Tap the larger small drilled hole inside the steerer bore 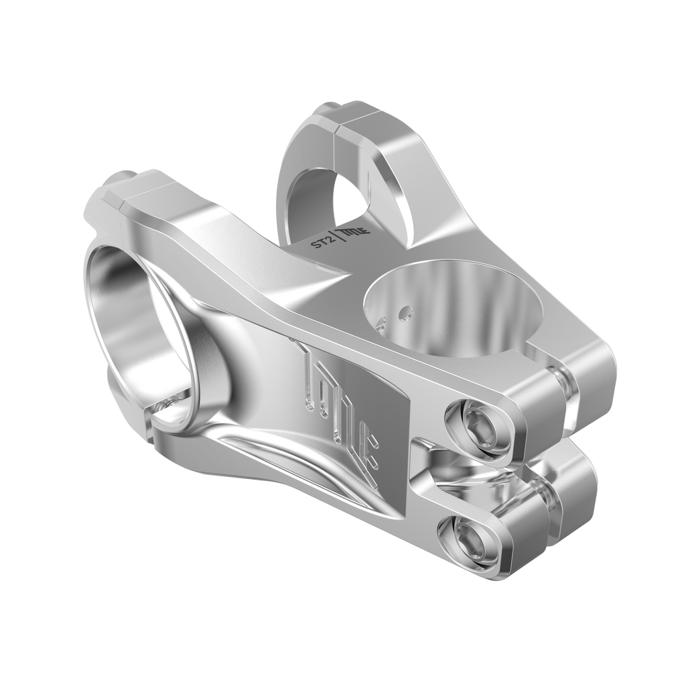pyautogui.click(x=405, y=312)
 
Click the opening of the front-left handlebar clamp pyautogui.click(x=141, y=322)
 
